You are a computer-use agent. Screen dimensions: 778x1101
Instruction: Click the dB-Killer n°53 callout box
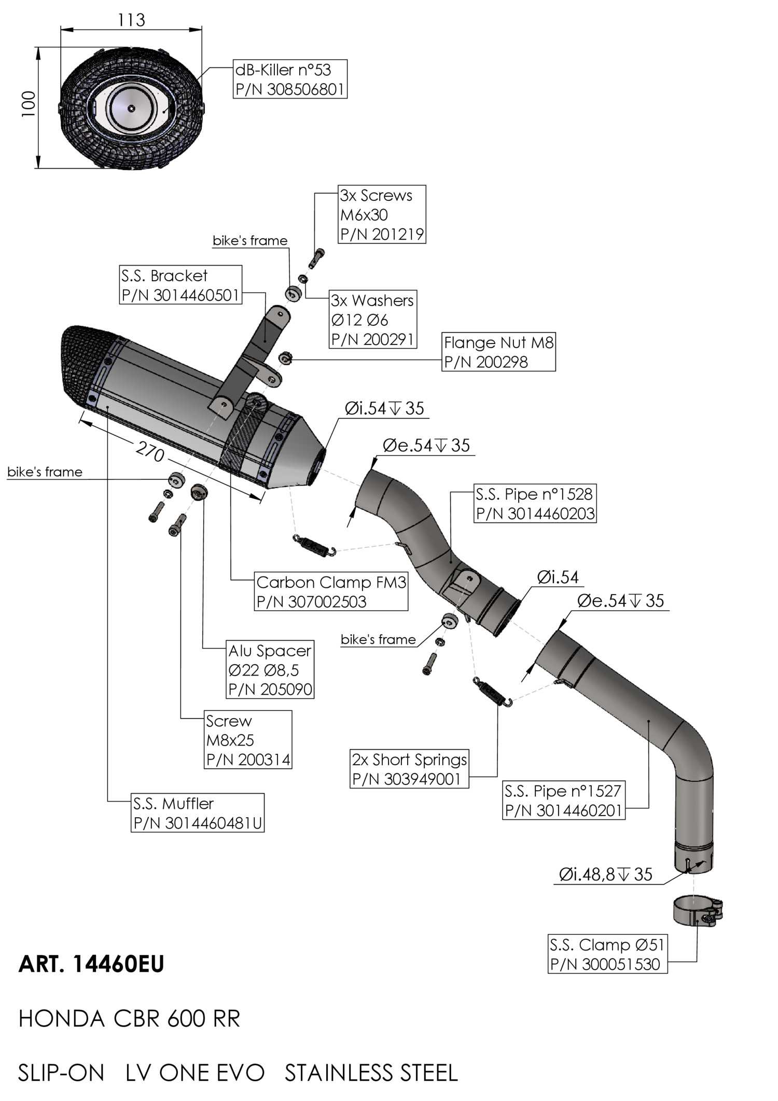(289, 79)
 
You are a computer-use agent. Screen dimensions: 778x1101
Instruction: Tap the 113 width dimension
(131, 20)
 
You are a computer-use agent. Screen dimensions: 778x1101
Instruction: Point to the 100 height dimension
(29, 104)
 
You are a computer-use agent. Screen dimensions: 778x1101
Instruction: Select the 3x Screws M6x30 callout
(382, 214)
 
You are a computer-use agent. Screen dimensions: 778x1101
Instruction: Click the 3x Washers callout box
(373, 319)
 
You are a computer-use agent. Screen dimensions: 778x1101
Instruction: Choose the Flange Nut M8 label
(499, 352)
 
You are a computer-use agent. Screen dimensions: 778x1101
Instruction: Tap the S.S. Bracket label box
(180, 285)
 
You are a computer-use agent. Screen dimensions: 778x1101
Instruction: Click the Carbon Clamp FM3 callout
(331, 591)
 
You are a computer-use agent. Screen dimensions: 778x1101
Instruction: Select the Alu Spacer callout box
(270, 669)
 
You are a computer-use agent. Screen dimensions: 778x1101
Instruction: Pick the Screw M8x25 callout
(248, 740)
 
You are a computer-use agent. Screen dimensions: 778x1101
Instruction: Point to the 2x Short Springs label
(409, 769)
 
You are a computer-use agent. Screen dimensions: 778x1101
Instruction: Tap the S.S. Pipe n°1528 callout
(535, 503)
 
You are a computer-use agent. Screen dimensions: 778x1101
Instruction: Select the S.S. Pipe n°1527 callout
(564, 800)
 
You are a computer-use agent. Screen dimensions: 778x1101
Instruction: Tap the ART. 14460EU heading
(91, 964)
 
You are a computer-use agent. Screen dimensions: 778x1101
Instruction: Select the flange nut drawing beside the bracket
(285, 358)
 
